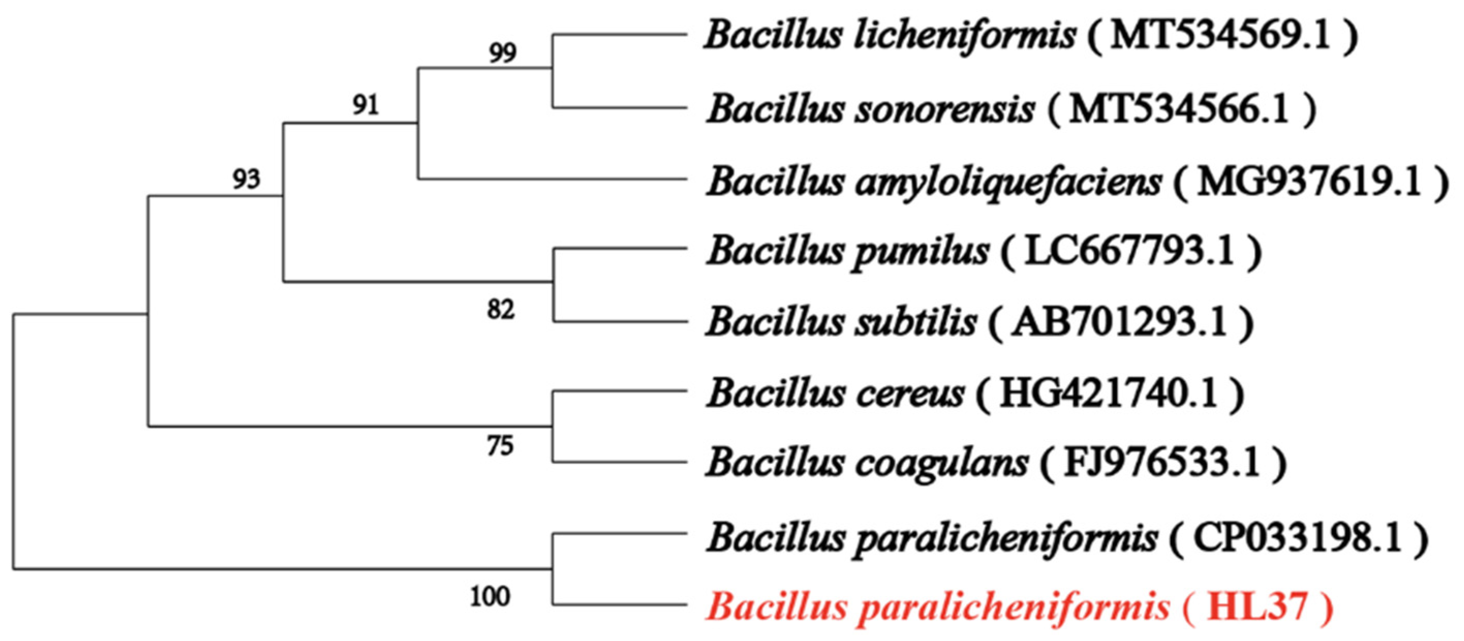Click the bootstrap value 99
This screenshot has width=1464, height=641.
[x=502, y=53]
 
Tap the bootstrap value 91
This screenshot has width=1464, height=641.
[x=365, y=104]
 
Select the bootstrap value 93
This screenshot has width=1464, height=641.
[x=246, y=180]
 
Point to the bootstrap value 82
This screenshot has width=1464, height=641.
[x=501, y=310]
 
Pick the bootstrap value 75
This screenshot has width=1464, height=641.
[x=500, y=446]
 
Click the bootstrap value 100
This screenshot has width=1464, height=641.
[x=490, y=597]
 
